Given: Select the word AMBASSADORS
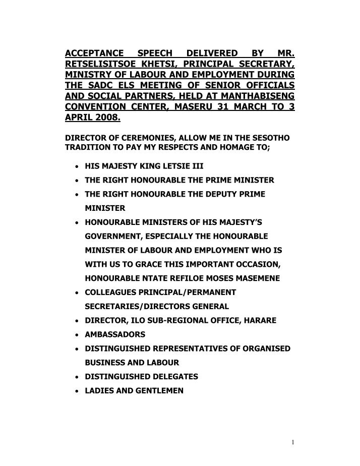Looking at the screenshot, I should (x=115, y=334).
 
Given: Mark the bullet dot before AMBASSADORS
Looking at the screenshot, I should (x=75, y=334).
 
